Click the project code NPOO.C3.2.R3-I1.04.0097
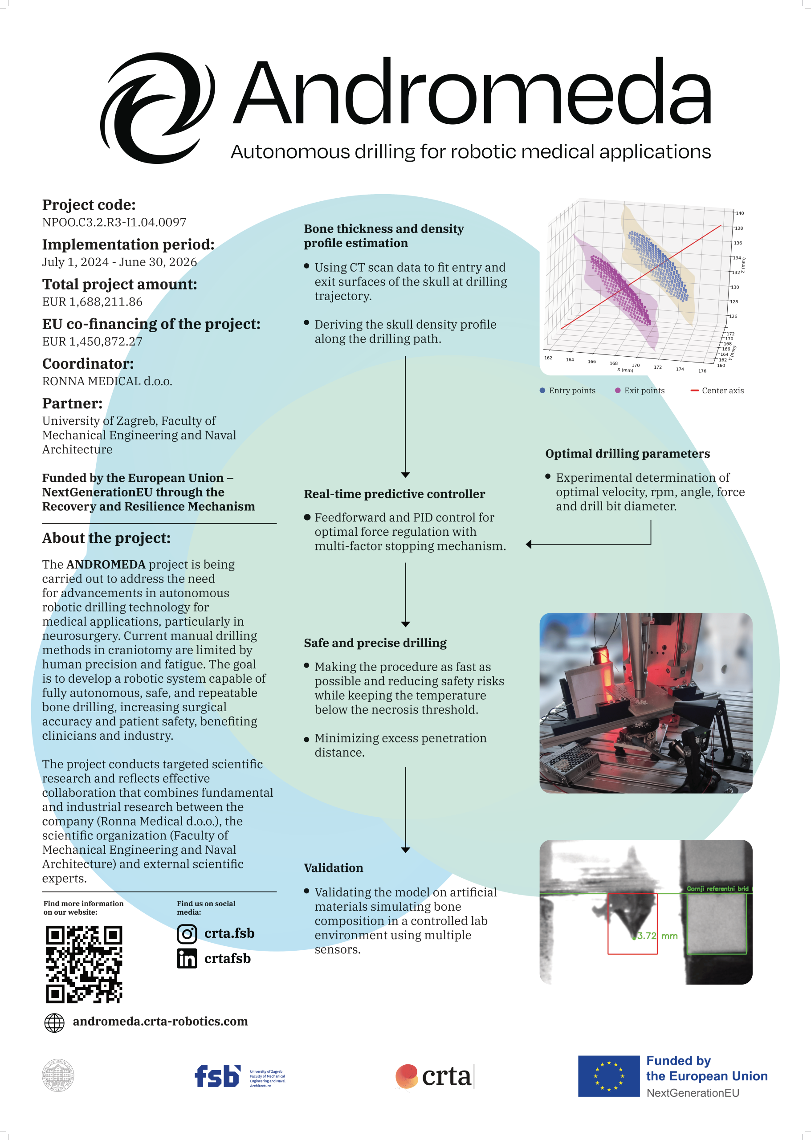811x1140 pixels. click(114, 222)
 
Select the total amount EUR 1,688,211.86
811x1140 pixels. click(92, 301)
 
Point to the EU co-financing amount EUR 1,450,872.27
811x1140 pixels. click(92, 342)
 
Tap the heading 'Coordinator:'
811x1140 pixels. click(88, 363)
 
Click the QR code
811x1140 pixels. click(84, 964)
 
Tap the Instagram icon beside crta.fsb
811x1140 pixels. click(187, 934)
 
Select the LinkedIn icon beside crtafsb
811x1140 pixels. click(187, 959)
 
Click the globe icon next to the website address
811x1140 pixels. click(54, 1022)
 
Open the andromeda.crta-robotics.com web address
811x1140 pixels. click(160, 1022)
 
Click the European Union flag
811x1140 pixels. click(608, 1076)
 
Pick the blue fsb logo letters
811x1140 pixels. click(217, 1076)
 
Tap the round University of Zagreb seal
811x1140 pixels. click(58, 1075)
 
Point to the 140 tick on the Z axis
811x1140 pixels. click(740, 213)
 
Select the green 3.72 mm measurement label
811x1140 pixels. click(657, 936)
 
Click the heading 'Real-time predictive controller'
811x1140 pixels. click(394, 494)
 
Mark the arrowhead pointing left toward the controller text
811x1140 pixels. click(529, 544)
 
